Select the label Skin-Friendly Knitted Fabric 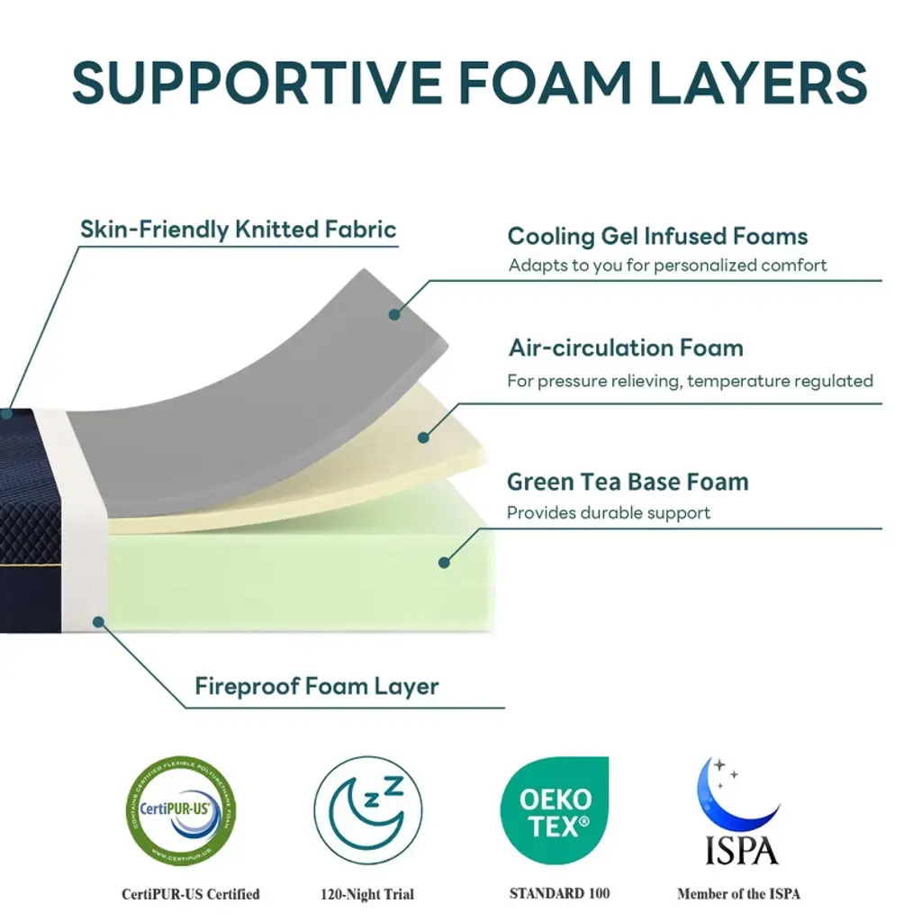click(x=238, y=230)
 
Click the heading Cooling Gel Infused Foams click(x=657, y=237)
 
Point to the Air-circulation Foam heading click(x=626, y=348)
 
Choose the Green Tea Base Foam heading click(x=628, y=482)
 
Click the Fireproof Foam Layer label click(x=317, y=687)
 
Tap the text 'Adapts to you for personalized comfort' click(x=667, y=266)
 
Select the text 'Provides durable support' click(x=609, y=513)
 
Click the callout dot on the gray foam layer click(x=393, y=314)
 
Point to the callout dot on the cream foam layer click(x=423, y=438)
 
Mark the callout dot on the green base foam click(x=443, y=563)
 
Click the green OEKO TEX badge click(x=556, y=809)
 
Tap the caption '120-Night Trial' click(x=367, y=895)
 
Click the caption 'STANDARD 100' click(x=559, y=893)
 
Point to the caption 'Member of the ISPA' click(x=738, y=894)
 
